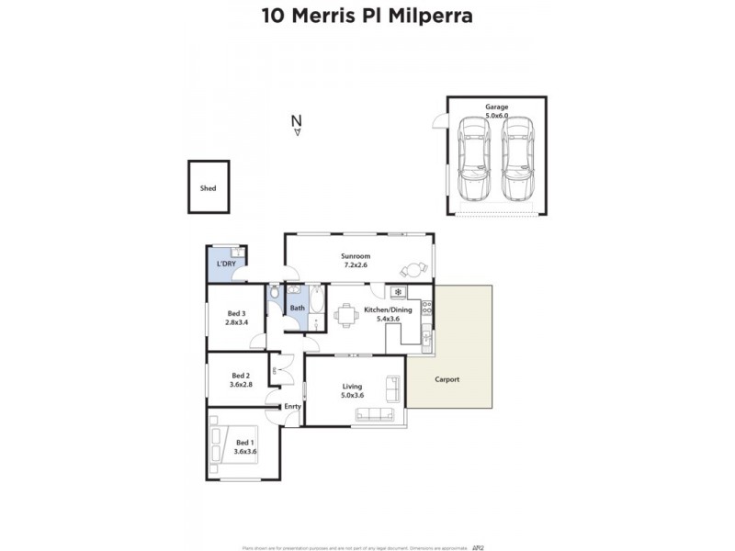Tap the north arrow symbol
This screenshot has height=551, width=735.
(x=296, y=125)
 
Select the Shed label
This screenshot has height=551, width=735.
(x=209, y=188)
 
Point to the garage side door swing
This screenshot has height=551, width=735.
(x=440, y=126)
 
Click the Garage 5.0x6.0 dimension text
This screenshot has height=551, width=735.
(x=496, y=118)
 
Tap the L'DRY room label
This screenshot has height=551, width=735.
(x=226, y=264)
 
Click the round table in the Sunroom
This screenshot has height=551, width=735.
(x=413, y=269)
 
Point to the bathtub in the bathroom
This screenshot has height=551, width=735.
(x=317, y=308)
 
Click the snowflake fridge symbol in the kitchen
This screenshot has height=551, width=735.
(x=398, y=293)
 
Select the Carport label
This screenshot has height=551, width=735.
(x=447, y=379)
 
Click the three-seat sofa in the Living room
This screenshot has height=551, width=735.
(x=392, y=389)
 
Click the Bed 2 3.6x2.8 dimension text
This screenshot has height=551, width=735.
(x=241, y=385)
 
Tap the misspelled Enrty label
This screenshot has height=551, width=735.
(x=292, y=406)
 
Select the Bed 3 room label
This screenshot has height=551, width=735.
(x=236, y=313)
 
